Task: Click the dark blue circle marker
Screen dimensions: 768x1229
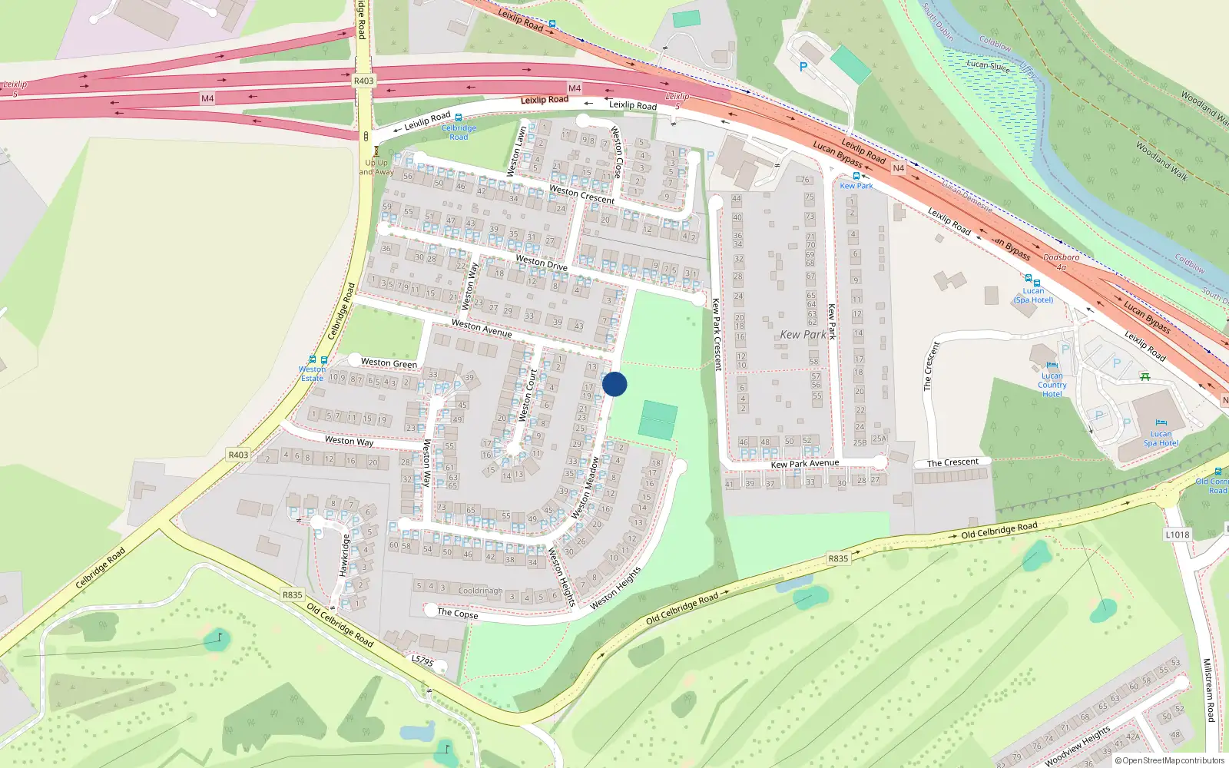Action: pyautogui.click(x=614, y=384)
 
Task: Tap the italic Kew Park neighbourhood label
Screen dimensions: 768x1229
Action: pyautogui.click(x=803, y=335)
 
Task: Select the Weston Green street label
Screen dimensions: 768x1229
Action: pyautogui.click(x=389, y=362)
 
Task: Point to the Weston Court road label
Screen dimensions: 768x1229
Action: pyautogui.click(x=528, y=396)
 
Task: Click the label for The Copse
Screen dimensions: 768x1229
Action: pyautogui.click(x=457, y=613)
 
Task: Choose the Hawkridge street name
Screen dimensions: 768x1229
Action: pyautogui.click(x=345, y=555)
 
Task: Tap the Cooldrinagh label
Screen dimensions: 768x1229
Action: pyautogui.click(x=480, y=591)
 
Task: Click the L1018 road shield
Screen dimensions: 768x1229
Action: pyautogui.click(x=1177, y=535)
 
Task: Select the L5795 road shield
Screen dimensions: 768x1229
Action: pyautogui.click(x=422, y=660)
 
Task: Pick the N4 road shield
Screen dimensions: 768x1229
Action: pyautogui.click(x=899, y=167)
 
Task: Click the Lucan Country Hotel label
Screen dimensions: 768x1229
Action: pyautogui.click(x=1052, y=385)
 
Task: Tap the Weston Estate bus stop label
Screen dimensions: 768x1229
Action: pyautogui.click(x=312, y=373)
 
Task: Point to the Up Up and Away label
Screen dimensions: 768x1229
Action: pyautogui.click(x=376, y=167)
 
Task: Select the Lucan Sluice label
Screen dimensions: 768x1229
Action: pyautogui.click(x=989, y=65)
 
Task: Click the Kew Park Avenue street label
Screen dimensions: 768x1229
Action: pyautogui.click(x=804, y=464)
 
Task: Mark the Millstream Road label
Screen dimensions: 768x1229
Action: pyautogui.click(x=1208, y=690)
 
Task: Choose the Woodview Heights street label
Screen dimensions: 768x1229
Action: pyautogui.click(x=1078, y=745)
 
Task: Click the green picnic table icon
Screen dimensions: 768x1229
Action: pyautogui.click(x=1145, y=376)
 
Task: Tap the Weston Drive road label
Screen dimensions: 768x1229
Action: pyautogui.click(x=542, y=263)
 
